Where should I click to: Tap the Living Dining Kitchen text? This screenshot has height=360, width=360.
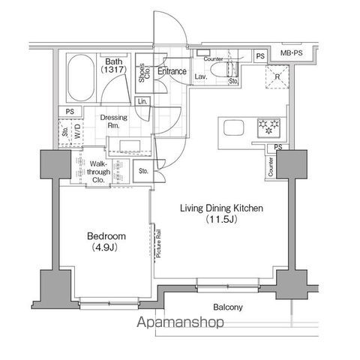pyautogui.click(x=220, y=208)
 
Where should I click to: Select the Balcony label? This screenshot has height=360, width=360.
pyautogui.click(x=227, y=307)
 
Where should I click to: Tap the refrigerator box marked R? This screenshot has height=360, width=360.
pyautogui.click(x=277, y=77)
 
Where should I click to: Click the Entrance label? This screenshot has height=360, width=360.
pyautogui.click(x=172, y=71)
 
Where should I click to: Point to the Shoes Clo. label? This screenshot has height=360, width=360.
pyautogui.click(x=142, y=74)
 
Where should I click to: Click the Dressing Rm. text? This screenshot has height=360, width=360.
pyautogui.click(x=114, y=121)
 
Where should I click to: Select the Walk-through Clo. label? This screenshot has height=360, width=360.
pyautogui.click(x=100, y=171)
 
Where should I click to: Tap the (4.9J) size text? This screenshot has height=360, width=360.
pyautogui.click(x=104, y=247)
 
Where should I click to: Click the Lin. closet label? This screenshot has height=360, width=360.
pyautogui.click(x=142, y=102)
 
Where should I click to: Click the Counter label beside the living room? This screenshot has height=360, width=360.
pyautogui.click(x=269, y=166)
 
